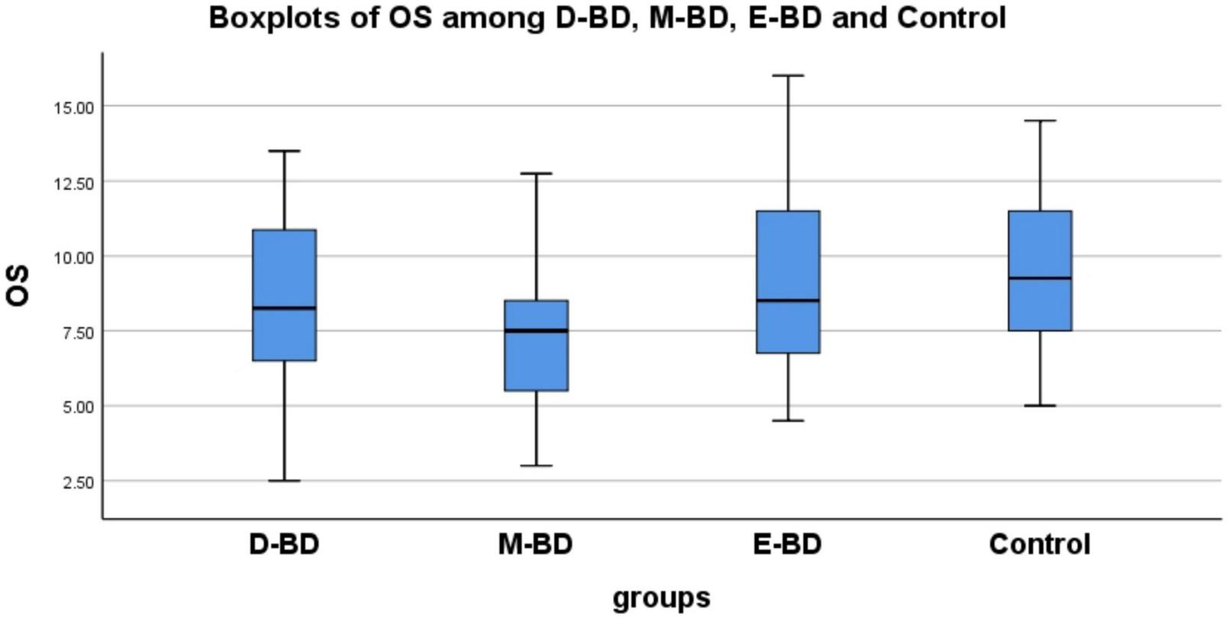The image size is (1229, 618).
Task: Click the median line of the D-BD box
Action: tap(284, 308)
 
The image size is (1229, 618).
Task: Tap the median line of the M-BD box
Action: tap(536, 330)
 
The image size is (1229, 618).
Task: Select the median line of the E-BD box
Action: tap(788, 301)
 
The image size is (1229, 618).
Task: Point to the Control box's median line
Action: tap(1040, 278)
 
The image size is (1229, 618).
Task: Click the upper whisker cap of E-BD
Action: tap(788, 76)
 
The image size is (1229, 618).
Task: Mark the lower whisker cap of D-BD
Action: tap(284, 481)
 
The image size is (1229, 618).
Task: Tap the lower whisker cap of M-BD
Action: tap(536, 465)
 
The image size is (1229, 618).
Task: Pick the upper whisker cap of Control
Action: tap(1040, 121)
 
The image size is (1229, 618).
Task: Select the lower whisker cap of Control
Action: tap(1040, 406)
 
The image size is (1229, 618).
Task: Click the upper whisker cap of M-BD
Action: tap(536, 174)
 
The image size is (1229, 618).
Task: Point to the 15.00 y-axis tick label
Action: tap(73, 108)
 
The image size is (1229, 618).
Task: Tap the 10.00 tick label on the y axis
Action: tap(73, 257)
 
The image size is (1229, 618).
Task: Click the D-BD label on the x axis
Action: tap(284, 545)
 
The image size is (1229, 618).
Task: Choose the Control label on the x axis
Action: tap(1040, 545)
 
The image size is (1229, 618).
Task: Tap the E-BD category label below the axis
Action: tap(788, 545)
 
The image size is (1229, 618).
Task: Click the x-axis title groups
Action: tap(661, 597)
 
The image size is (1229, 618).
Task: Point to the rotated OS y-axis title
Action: tap(18, 285)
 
